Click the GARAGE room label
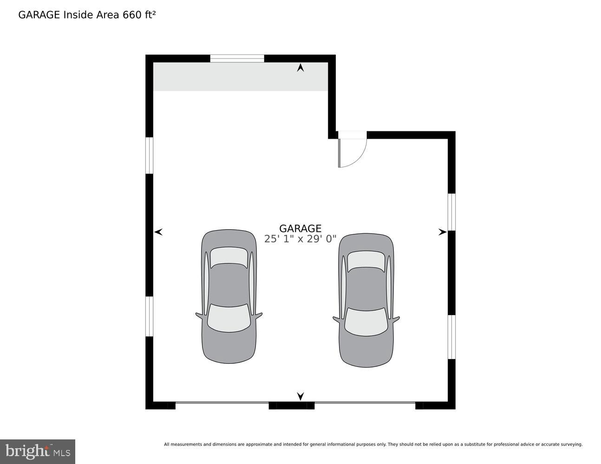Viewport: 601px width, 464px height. [300, 228]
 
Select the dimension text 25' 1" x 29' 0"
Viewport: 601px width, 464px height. [300, 239]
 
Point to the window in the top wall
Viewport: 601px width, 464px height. [237, 58]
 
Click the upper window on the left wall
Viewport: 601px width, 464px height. [150, 155]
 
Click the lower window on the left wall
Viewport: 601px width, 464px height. [150, 316]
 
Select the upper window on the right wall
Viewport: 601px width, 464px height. [451, 212]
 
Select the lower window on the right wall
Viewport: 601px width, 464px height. [451, 337]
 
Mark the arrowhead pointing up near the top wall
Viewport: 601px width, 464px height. [300, 68]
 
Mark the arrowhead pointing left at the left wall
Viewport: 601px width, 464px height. [158, 232]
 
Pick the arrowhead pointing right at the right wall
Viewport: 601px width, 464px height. [442, 232]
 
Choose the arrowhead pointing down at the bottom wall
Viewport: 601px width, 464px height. [300, 396]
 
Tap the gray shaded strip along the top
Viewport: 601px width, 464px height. [240, 77]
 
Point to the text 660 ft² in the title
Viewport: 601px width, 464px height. [139, 15]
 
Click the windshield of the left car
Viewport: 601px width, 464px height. [229, 318]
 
